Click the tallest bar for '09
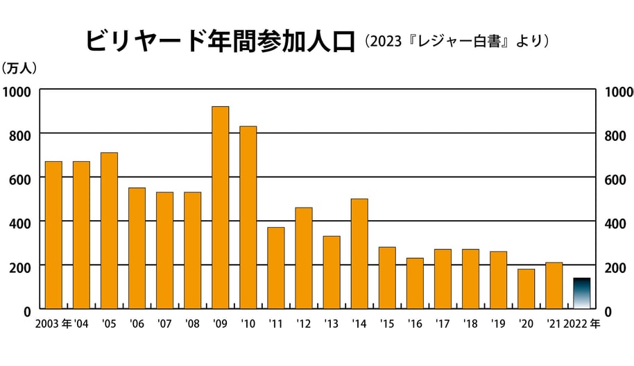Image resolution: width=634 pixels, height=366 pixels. (220, 207)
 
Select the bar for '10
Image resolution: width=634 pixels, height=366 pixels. (248, 217)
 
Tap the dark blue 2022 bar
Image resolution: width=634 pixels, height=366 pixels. (581, 293)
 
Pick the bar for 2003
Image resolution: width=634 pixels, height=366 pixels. (53, 235)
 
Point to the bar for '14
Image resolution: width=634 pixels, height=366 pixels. (359, 253)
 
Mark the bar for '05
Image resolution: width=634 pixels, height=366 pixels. (109, 230)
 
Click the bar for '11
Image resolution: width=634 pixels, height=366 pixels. (276, 267)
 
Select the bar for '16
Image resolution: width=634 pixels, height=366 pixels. (415, 283)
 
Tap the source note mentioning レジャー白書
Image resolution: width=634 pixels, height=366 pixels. (459, 42)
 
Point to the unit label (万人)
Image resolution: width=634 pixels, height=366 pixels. (19, 68)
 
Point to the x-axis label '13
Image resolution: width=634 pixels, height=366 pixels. (331, 323)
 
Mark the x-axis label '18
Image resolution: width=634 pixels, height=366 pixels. (470, 323)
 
